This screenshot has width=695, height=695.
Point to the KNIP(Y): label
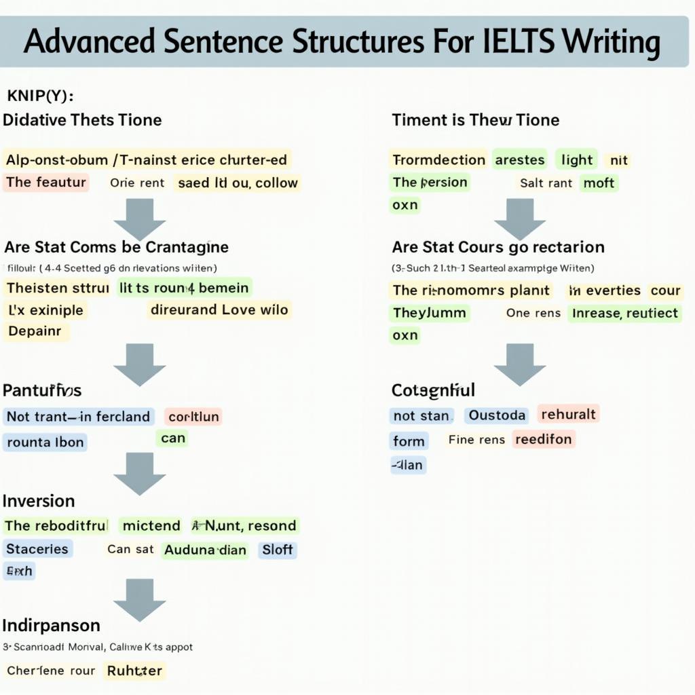40,95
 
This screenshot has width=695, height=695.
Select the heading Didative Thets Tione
83,120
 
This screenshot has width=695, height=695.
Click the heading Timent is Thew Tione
475,120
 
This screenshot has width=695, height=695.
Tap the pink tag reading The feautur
46,182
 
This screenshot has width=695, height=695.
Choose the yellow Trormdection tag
438,160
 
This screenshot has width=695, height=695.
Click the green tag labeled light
577,160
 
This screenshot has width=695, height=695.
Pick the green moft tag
599,183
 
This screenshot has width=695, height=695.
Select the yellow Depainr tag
35,332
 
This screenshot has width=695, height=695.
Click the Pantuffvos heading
42,391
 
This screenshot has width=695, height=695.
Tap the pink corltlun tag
193,417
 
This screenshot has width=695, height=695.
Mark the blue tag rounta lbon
45,443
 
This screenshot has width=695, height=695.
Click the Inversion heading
39,502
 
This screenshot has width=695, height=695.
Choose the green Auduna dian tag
205,550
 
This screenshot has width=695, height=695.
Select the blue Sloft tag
277,550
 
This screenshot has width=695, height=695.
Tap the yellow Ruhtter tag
134,671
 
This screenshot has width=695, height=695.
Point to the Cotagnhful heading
433,390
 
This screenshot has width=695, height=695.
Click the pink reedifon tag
543,439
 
